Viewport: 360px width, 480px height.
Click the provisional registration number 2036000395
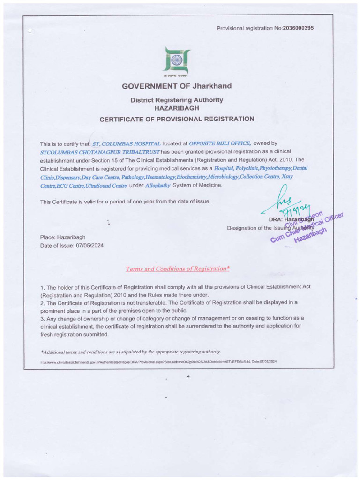299,28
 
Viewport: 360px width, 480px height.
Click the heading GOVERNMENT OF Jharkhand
177,86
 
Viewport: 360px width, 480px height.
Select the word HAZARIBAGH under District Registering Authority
177,108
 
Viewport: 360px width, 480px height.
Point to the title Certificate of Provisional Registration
177,119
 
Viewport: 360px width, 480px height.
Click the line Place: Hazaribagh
63,237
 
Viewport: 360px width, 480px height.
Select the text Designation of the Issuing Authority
262,228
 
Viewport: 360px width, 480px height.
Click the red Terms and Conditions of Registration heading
177,269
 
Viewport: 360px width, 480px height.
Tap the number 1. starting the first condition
43,287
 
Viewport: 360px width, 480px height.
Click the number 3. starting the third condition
43,318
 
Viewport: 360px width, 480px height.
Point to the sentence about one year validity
125,202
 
